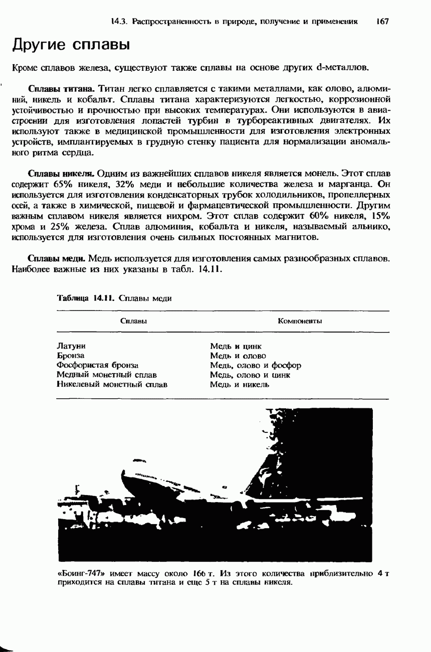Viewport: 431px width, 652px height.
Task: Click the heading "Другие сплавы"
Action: (x=71, y=45)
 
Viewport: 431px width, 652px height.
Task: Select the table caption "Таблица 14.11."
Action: (x=88, y=298)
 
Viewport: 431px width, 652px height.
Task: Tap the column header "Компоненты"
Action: (x=300, y=320)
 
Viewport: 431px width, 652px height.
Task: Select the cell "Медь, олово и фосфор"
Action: (x=255, y=365)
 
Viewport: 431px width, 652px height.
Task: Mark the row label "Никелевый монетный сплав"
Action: (x=112, y=384)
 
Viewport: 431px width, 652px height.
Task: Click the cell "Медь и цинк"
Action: (x=236, y=346)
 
